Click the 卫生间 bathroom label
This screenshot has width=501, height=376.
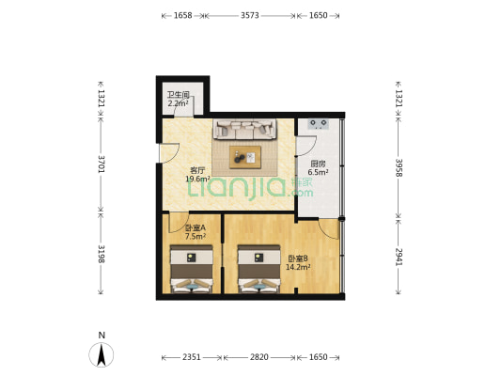click(x=179, y=95)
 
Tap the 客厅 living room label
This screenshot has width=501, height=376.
click(x=197, y=170)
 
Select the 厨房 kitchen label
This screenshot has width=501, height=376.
click(x=318, y=164)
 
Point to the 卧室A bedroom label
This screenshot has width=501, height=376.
click(x=196, y=228)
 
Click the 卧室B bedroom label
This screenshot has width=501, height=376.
click(x=298, y=258)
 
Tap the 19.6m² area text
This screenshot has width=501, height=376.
click(x=197, y=179)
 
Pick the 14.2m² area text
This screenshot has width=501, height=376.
click(x=298, y=267)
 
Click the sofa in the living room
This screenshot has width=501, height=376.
click(x=244, y=129)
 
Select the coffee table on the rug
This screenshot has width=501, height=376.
click(x=245, y=157)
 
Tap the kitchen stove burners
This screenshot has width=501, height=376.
click(x=319, y=124)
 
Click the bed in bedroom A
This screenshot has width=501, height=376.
click(x=192, y=269)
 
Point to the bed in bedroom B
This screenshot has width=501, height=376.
click(x=258, y=269)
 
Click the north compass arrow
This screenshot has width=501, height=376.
click(x=102, y=354)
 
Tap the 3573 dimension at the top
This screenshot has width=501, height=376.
click(x=250, y=15)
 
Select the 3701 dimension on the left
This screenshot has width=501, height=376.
click(x=101, y=164)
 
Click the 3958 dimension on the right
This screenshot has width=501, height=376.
click(x=399, y=167)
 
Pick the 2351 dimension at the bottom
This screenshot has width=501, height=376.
click(x=192, y=357)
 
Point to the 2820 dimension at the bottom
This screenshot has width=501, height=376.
click(x=259, y=357)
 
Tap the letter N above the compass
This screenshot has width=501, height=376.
click(x=102, y=335)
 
